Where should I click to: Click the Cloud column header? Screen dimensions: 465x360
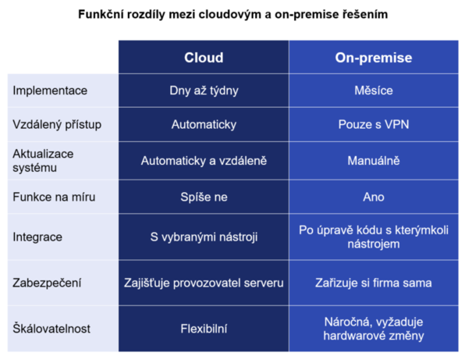(204, 57)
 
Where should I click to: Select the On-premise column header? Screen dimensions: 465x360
(374, 57)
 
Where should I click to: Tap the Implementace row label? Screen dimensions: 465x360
(50, 91)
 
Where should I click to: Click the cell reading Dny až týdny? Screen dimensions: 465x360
(204, 91)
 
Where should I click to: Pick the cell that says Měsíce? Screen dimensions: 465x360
(374, 91)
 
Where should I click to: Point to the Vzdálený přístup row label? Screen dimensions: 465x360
(57, 124)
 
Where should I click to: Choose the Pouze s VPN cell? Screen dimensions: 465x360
(374, 124)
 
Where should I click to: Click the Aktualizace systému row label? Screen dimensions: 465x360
(43, 161)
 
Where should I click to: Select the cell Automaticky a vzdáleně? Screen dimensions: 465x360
(204, 161)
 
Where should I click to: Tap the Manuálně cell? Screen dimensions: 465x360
(374, 161)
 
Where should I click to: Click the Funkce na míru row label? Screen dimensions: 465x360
(54, 197)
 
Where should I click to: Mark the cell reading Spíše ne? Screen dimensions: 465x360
(204, 197)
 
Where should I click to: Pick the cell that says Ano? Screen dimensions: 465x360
(374, 197)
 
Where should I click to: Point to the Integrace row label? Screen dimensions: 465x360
(37, 237)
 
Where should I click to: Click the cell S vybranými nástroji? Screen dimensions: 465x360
(204, 237)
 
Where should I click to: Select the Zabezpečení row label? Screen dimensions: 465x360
(47, 283)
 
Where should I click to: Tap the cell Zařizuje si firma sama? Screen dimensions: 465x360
(374, 283)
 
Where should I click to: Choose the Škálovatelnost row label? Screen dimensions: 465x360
(51, 329)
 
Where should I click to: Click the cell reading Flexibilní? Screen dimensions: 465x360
(204, 329)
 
